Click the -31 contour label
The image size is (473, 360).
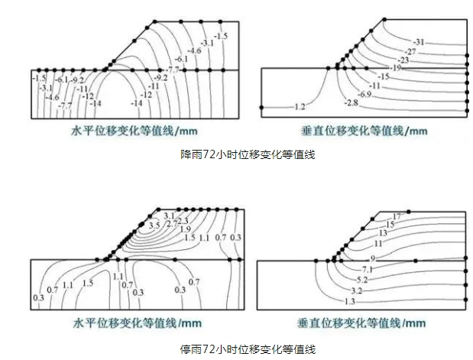(418, 41)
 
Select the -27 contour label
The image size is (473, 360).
(410, 50)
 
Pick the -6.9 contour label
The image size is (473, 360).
(364, 93)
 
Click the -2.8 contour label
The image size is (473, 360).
(351, 102)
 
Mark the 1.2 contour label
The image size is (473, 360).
(300, 105)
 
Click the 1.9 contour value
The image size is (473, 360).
(185, 229)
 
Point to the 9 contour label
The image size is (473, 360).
(372, 258)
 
